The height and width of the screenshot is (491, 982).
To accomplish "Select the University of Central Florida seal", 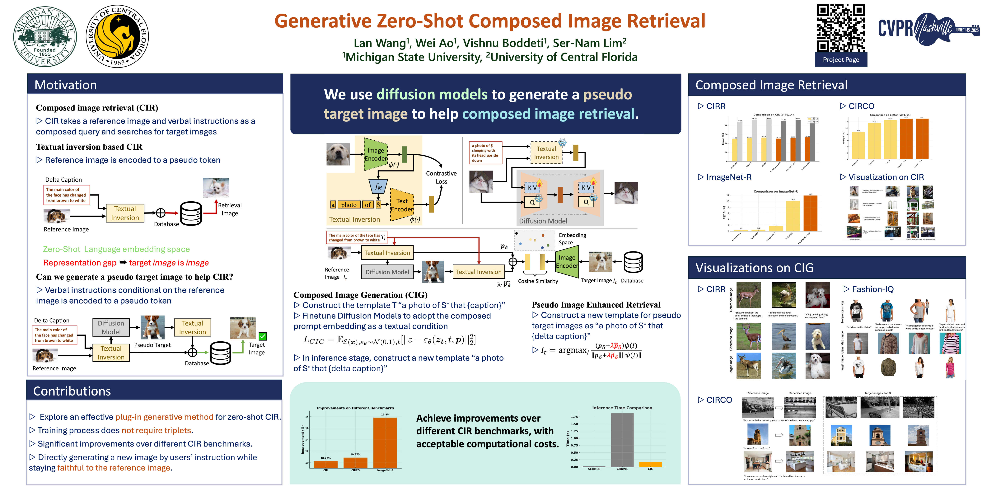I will pos(117,37).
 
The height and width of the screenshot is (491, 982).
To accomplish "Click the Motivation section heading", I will pos(66,85).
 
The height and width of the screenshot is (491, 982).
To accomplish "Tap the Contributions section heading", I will pos(72,391).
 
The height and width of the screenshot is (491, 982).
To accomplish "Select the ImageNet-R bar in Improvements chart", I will pos(385,442).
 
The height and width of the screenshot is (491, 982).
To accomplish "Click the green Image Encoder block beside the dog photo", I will pos(376,154).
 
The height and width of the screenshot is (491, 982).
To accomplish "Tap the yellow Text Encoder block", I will pos(402,205).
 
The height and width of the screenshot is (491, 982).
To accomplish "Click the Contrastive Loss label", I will pos(441,177).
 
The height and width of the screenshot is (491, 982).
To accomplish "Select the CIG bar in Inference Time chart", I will pos(650,464).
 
